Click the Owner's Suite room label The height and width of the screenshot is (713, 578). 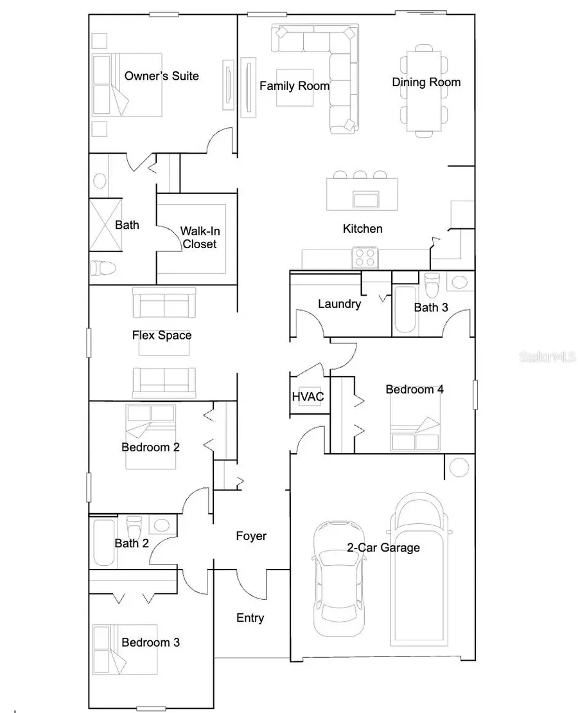[161, 76]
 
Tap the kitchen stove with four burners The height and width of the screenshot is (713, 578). [365, 258]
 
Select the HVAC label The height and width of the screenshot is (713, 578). [307, 397]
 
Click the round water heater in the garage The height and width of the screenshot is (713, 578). [459, 467]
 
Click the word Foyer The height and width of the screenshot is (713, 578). [251, 536]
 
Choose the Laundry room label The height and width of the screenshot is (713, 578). [339, 304]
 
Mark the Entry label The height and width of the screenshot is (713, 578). [250, 618]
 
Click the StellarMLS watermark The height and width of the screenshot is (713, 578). [547, 356]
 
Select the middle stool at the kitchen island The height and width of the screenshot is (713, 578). [360, 174]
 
